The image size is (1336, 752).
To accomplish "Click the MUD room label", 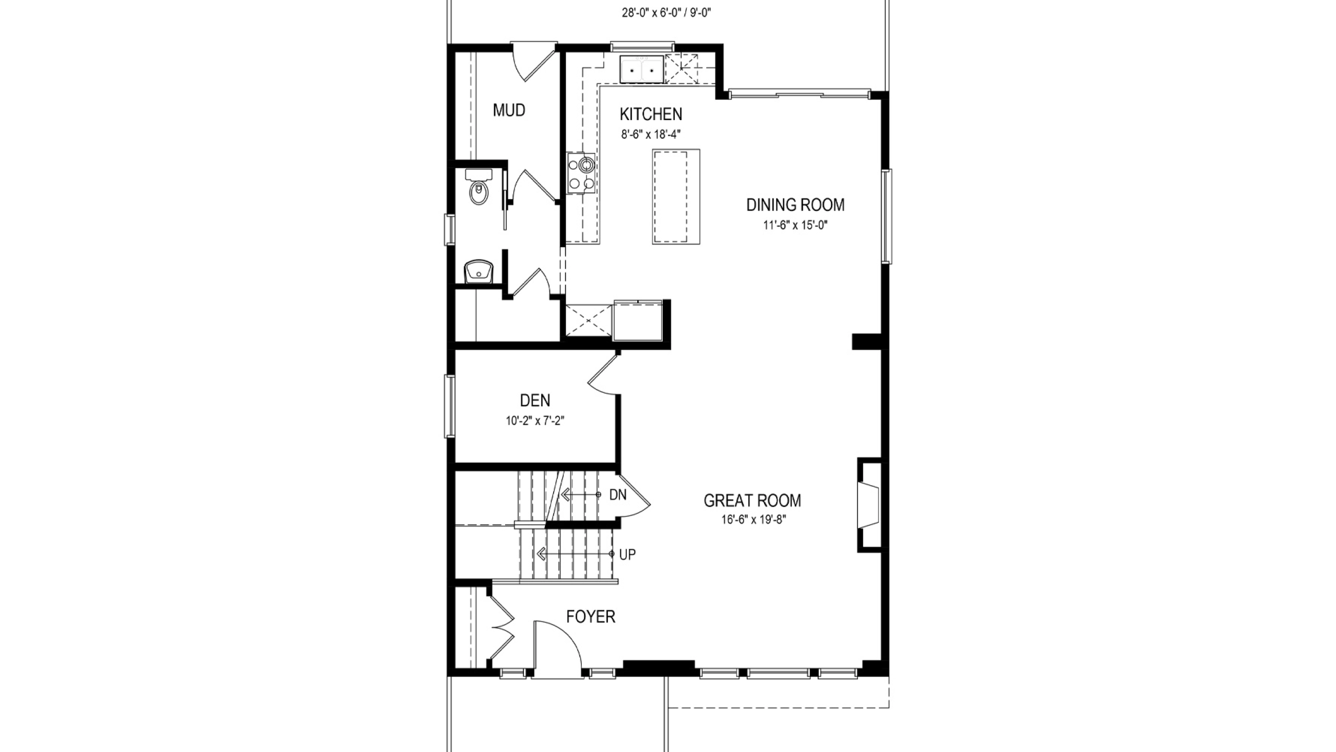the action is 509,110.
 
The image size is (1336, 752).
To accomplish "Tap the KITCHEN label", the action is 651,114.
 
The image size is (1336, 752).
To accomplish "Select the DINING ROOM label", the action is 795,205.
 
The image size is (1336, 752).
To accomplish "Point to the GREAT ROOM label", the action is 752,500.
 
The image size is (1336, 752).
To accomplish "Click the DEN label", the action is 535,400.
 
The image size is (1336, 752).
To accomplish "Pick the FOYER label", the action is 591,617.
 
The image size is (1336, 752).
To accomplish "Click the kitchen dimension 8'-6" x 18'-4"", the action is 651,134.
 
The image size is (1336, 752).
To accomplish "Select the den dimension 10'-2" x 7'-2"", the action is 535,420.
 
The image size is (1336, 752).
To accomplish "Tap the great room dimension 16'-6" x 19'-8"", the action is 752,520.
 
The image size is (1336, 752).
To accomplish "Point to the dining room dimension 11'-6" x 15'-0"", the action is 795,225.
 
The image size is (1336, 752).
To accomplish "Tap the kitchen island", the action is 676,196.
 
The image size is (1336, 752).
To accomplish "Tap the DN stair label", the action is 618,495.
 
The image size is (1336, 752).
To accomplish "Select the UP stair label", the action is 627,555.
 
